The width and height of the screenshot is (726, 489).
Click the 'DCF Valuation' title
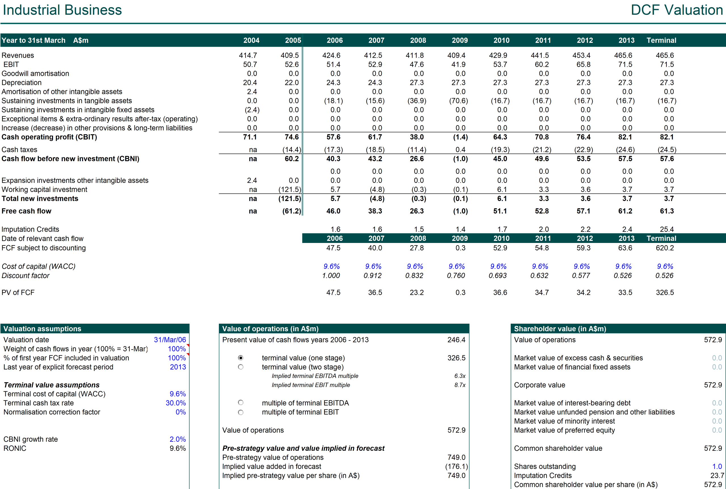point(676,10)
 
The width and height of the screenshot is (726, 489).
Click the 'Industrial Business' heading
point(62,10)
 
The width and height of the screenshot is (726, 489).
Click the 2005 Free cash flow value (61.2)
point(291,211)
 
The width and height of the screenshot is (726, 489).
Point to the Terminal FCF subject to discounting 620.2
point(664,248)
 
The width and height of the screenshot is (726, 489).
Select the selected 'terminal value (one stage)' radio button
point(240,358)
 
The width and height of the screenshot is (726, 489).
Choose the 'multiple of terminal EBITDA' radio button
point(240,403)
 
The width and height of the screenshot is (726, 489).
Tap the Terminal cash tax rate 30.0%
point(176,403)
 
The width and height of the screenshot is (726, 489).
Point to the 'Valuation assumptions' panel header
point(42,329)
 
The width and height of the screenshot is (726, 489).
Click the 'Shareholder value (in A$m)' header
point(560,329)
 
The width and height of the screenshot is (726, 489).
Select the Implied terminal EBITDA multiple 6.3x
point(460,376)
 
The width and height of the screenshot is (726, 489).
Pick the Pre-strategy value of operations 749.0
point(456,457)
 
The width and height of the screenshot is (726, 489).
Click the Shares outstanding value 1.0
point(717,466)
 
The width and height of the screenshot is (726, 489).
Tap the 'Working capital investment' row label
point(44,190)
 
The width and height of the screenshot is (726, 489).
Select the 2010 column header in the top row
point(501,40)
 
